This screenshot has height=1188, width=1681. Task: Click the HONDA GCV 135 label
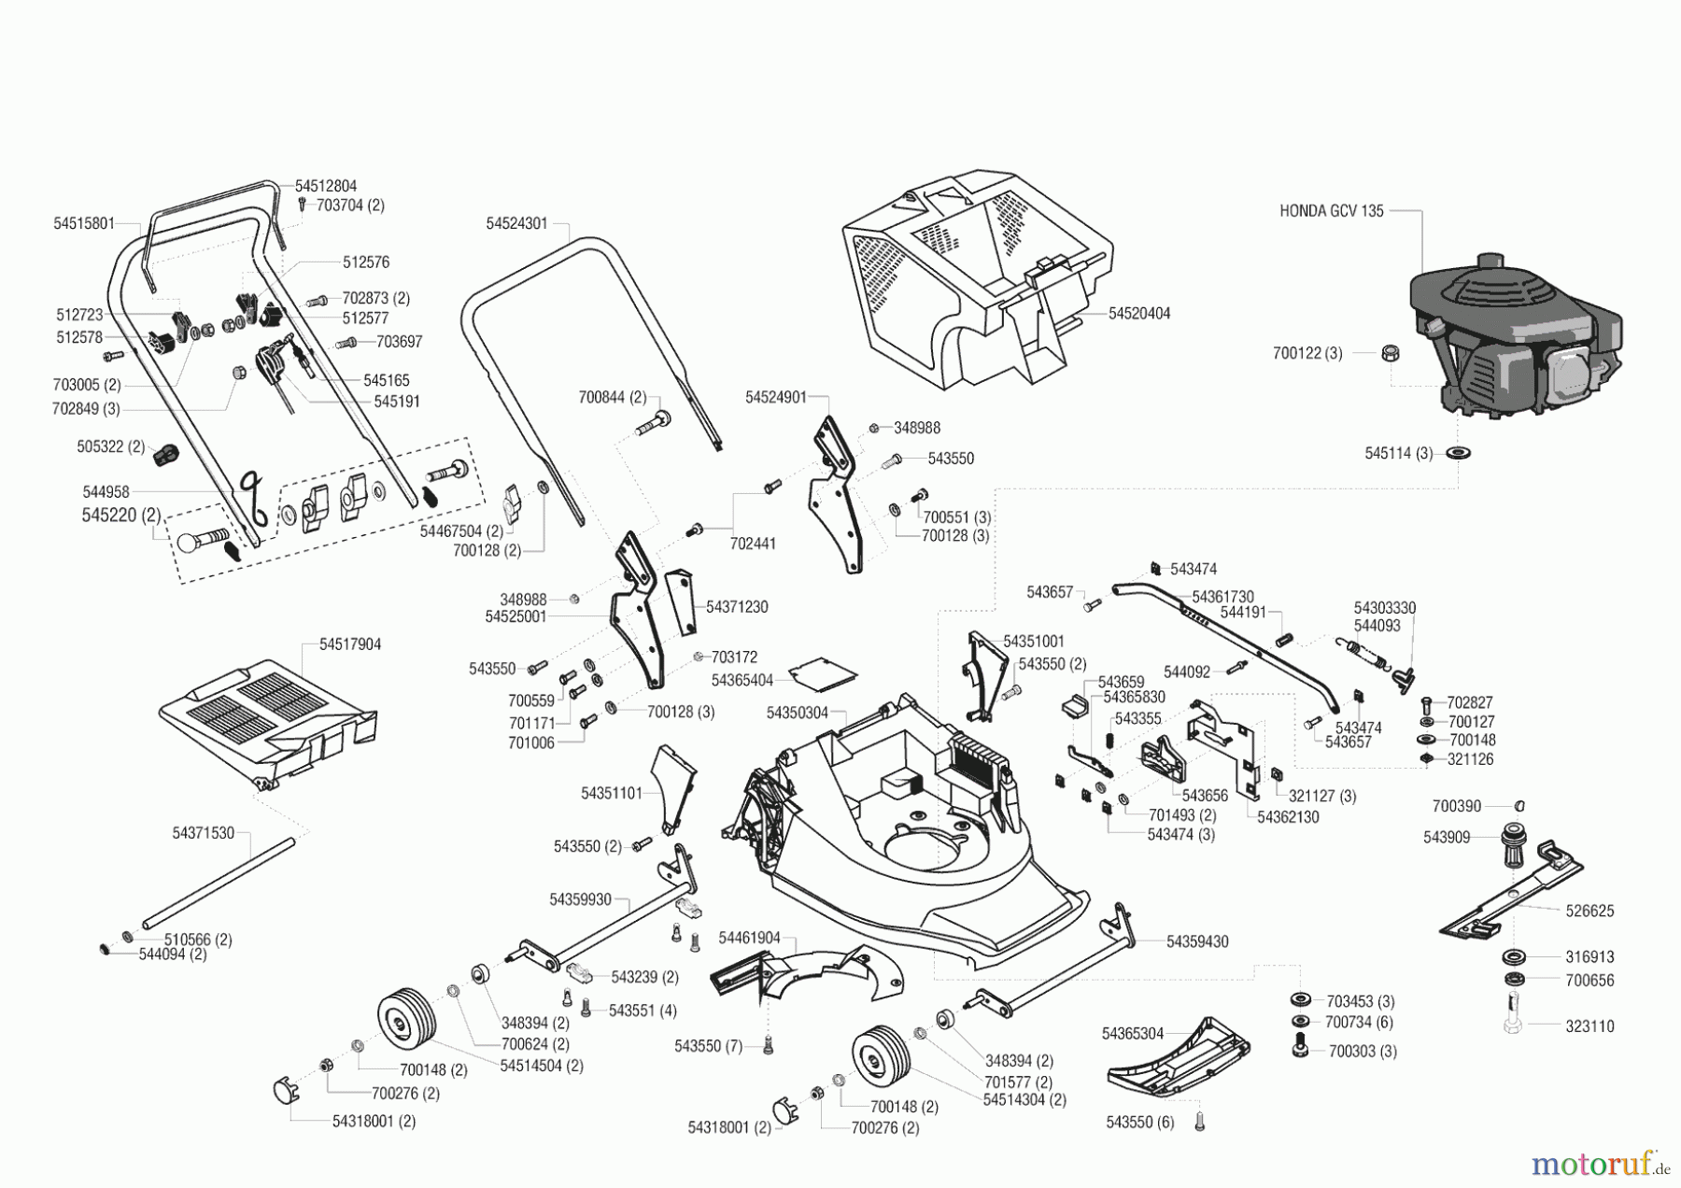(x=1331, y=212)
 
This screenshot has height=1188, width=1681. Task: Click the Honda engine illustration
(x=1513, y=336)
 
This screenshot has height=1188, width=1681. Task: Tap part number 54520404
(x=1139, y=314)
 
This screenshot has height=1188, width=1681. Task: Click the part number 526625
(x=1589, y=911)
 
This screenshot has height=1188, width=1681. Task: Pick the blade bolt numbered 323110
(x=1514, y=1018)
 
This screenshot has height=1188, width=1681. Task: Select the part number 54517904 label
(x=350, y=644)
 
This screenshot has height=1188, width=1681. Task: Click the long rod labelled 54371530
(x=219, y=883)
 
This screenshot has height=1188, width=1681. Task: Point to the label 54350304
(x=798, y=713)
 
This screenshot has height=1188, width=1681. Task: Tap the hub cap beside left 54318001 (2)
(x=285, y=1091)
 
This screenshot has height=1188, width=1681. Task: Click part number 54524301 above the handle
(x=516, y=224)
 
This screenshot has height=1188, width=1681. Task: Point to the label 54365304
(x=1133, y=1033)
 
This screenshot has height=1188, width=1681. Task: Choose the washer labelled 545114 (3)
(x=1457, y=454)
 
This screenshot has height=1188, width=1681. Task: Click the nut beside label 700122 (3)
(x=1389, y=353)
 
